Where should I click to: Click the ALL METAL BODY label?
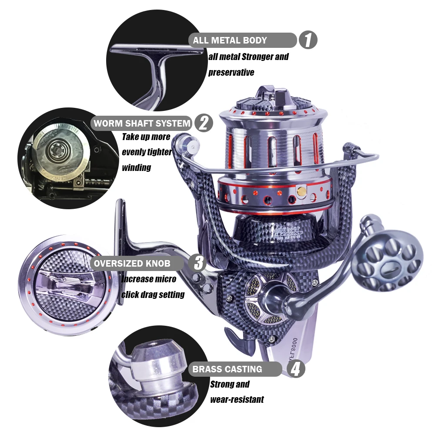click(230, 40)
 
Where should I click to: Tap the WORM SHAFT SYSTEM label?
click(142, 123)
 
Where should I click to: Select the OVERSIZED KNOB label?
click(132, 263)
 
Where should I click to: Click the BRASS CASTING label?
click(227, 369)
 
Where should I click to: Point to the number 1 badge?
click(308, 40)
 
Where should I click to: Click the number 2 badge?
click(204, 123)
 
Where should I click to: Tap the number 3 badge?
click(198, 263)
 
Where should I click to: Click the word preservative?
click(231, 72)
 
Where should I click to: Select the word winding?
click(137, 167)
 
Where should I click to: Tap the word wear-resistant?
click(237, 399)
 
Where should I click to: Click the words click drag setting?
click(153, 294)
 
